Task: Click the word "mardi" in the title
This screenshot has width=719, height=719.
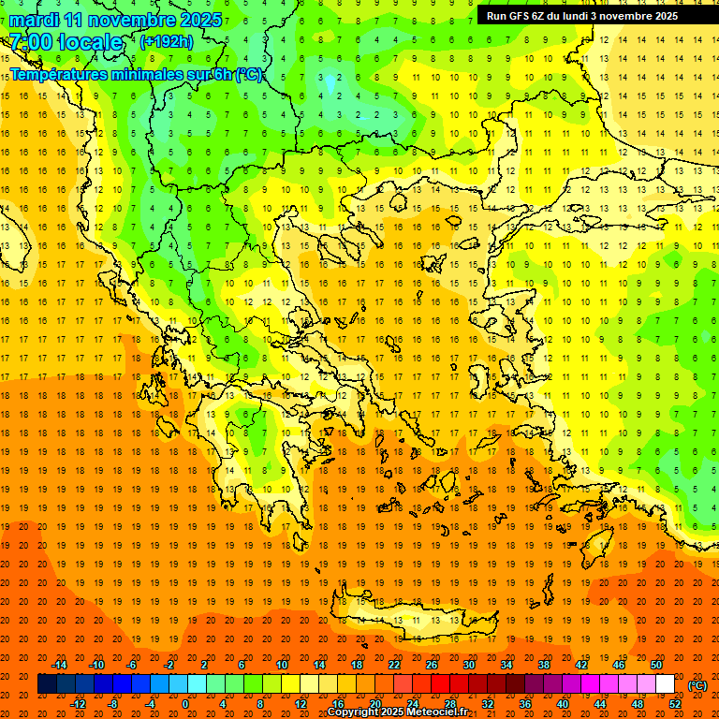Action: pos(32,20)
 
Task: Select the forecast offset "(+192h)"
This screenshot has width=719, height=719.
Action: pos(167,41)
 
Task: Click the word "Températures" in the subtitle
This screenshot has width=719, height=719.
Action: pos(56,74)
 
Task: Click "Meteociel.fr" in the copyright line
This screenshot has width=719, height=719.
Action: pos(436,712)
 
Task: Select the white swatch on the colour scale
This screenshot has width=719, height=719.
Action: pos(665,684)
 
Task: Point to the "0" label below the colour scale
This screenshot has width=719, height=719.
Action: pos(185,704)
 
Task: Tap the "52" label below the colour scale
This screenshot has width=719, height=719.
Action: pos(675,704)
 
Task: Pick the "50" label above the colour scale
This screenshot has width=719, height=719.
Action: pos(656,665)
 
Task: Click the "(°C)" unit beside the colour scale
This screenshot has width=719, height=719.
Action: pos(698,685)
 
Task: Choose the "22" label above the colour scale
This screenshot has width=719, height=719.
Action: pos(394,665)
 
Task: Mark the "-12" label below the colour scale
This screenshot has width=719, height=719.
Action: pos(78,704)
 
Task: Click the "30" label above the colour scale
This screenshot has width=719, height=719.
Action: pos(469,665)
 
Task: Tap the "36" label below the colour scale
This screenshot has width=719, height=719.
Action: pos(525,704)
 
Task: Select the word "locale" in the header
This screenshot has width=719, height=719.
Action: pos(90,42)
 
